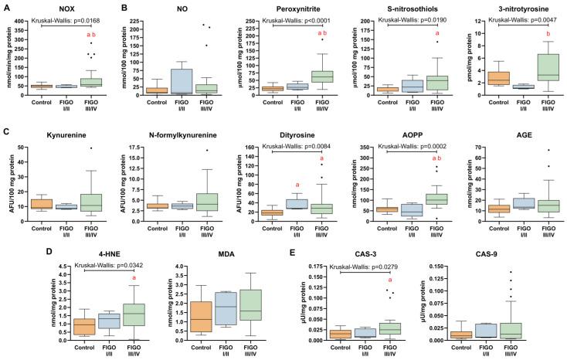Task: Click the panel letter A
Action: point(5,6)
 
